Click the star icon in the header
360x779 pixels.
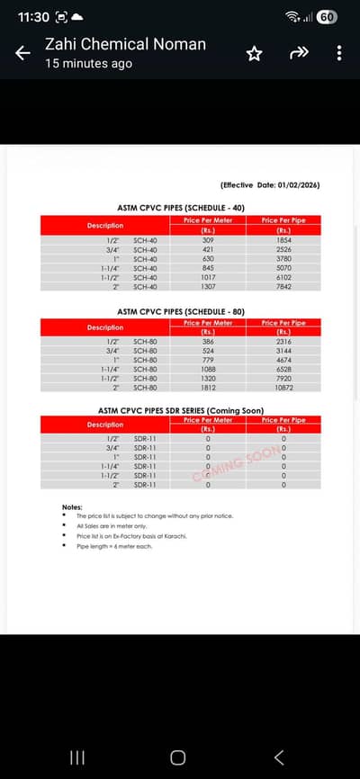(x=254, y=54)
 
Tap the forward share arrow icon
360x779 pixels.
(x=299, y=53)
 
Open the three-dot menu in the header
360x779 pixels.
(x=339, y=54)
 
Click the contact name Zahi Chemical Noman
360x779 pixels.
(x=125, y=44)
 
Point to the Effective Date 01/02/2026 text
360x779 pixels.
(x=270, y=184)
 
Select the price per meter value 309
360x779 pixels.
(x=208, y=240)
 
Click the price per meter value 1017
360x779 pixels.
(x=208, y=277)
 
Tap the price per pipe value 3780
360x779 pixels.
(x=283, y=258)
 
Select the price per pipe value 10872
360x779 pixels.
(x=283, y=388)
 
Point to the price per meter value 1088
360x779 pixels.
(x=208, y=369)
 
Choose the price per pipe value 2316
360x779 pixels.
(x=283, y=342)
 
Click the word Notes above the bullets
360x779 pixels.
(x=72, y=507)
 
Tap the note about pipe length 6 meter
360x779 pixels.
(x=114, y=546)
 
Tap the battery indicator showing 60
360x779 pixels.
(x=327, y=17)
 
